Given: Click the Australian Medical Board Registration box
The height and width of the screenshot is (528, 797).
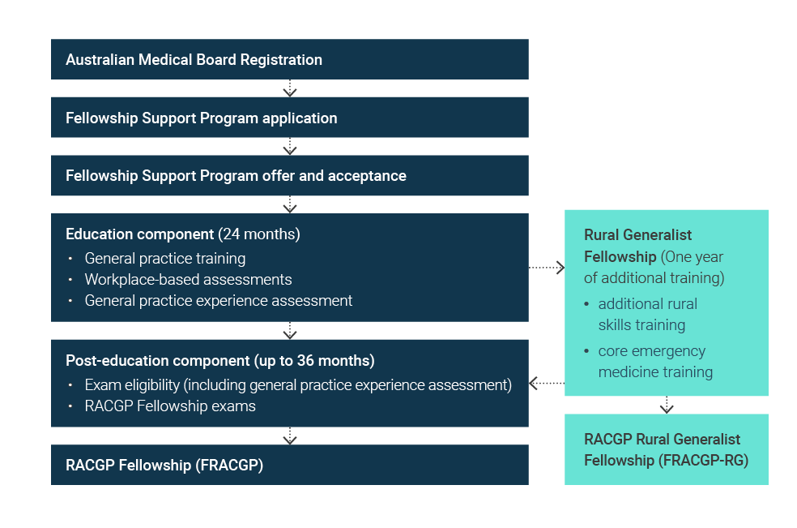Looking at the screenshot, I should [289, 59].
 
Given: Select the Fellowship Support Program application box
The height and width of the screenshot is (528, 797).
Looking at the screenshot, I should [289, 118].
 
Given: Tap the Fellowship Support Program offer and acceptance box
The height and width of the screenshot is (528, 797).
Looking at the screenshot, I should [289, 175].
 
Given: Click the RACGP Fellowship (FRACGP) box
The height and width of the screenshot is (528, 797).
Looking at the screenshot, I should [289, 465].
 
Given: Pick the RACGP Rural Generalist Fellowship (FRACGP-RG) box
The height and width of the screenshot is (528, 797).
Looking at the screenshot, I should [666, 449].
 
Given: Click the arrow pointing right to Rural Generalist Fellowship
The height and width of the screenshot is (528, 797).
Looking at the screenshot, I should [547, 267].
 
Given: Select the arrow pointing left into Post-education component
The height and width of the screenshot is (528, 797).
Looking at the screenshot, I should [547, 383].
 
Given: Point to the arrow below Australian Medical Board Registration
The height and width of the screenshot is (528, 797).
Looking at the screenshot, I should [290, 88].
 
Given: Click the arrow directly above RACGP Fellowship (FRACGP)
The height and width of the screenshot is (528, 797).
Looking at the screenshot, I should [290, 436].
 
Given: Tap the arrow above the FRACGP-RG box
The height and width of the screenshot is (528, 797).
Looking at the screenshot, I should [667, 405].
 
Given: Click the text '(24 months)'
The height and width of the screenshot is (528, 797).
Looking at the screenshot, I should [259, 234].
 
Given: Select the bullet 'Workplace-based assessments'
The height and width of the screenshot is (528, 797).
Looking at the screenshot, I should [188, 280].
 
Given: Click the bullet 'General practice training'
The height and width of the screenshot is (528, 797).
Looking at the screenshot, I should [164, 259].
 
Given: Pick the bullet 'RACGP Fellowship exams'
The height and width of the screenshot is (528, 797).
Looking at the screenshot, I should [170, 406].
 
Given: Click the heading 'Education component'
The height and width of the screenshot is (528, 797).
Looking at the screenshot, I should [139, 234].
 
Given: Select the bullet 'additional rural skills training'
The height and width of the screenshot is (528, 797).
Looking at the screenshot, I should [647, 315].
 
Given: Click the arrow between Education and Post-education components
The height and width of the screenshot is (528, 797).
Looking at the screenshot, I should [290, 330].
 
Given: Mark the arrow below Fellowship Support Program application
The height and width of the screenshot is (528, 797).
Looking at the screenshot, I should [290, 147].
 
